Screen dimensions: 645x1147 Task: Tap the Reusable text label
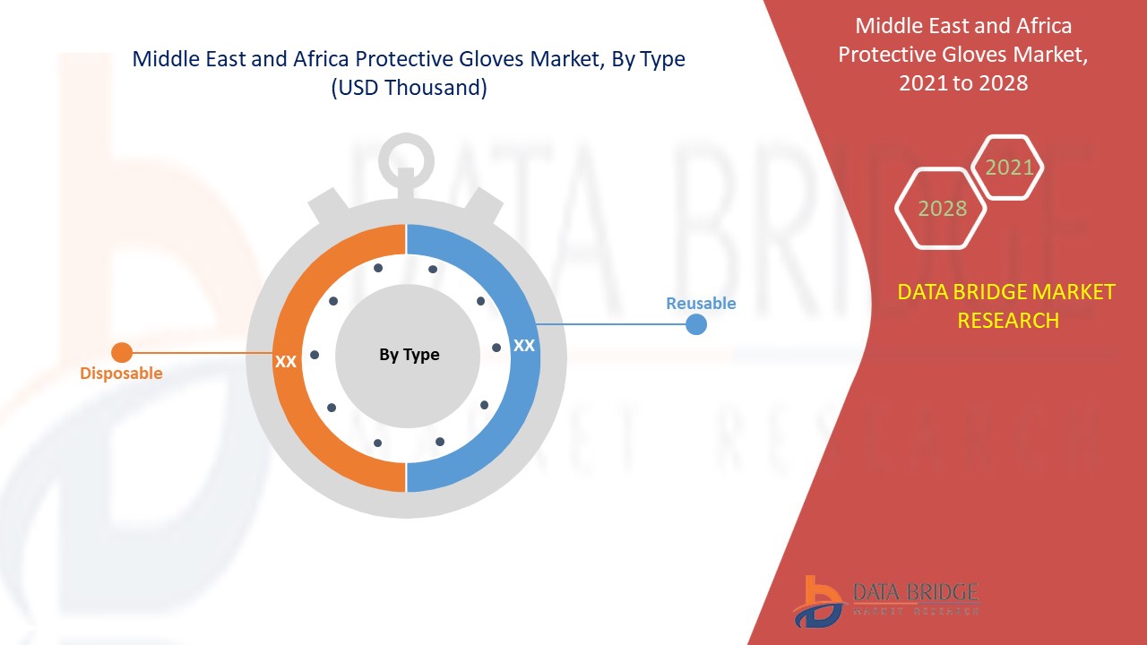point(701,304)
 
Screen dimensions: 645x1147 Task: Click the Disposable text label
point(121,374)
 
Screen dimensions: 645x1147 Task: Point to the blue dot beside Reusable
point(696,324)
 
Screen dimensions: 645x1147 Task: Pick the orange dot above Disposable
point(121,352)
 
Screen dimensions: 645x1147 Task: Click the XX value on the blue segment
point(524,345)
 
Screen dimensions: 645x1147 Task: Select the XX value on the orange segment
point(286,362)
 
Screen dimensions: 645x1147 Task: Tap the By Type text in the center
point(409,355)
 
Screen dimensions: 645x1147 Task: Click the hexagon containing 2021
point(1009,168)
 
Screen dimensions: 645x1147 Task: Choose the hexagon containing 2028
point(942,209)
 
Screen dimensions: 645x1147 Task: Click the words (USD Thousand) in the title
point(409,88)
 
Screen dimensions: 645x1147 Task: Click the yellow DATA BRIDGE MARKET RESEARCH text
point(1007,305)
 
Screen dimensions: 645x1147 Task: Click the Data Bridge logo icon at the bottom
point(817,601)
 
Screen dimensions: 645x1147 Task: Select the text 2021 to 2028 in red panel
point(963,83)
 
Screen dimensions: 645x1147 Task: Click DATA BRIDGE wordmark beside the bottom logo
point(914,592)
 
